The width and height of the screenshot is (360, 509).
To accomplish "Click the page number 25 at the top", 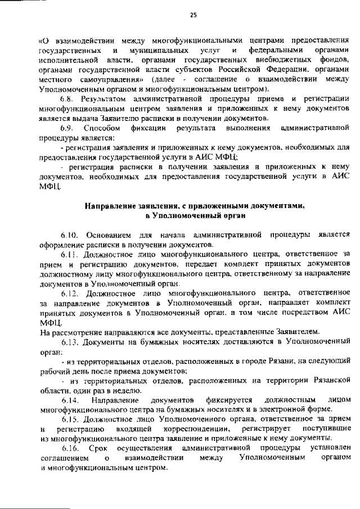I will (193, 15).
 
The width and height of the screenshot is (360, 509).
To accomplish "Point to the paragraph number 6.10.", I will (70, 235).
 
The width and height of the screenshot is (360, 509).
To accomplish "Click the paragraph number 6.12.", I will (70, 294).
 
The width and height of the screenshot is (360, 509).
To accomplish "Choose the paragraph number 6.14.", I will (70, 399).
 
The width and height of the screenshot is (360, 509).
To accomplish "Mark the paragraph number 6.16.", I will (70, 448).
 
